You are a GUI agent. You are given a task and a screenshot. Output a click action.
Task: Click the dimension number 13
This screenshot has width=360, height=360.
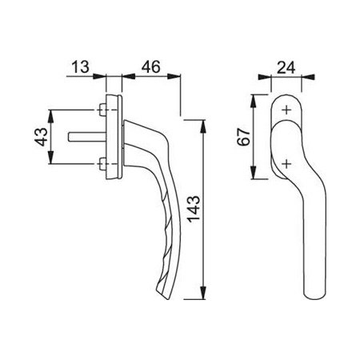[81, 66]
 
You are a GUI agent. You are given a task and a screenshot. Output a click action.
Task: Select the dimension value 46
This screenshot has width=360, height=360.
[151, 66]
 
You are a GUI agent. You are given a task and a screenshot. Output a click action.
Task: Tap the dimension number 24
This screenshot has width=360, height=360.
[286, 67]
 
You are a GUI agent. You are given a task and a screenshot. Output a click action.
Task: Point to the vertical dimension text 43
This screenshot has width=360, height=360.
[42, 137]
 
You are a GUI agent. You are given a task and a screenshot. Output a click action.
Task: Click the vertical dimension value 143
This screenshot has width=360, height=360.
[194, 210]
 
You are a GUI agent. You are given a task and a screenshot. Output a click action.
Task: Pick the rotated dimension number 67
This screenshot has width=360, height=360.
[244, 137]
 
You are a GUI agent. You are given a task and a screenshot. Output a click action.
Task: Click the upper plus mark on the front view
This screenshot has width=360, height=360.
[286, 110]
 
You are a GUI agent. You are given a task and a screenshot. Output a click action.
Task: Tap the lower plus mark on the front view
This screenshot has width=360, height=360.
[286, 164]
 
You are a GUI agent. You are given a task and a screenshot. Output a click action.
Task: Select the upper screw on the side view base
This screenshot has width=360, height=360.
[102, 110]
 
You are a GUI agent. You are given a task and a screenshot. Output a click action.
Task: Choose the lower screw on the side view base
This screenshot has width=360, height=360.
[102, 164]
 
